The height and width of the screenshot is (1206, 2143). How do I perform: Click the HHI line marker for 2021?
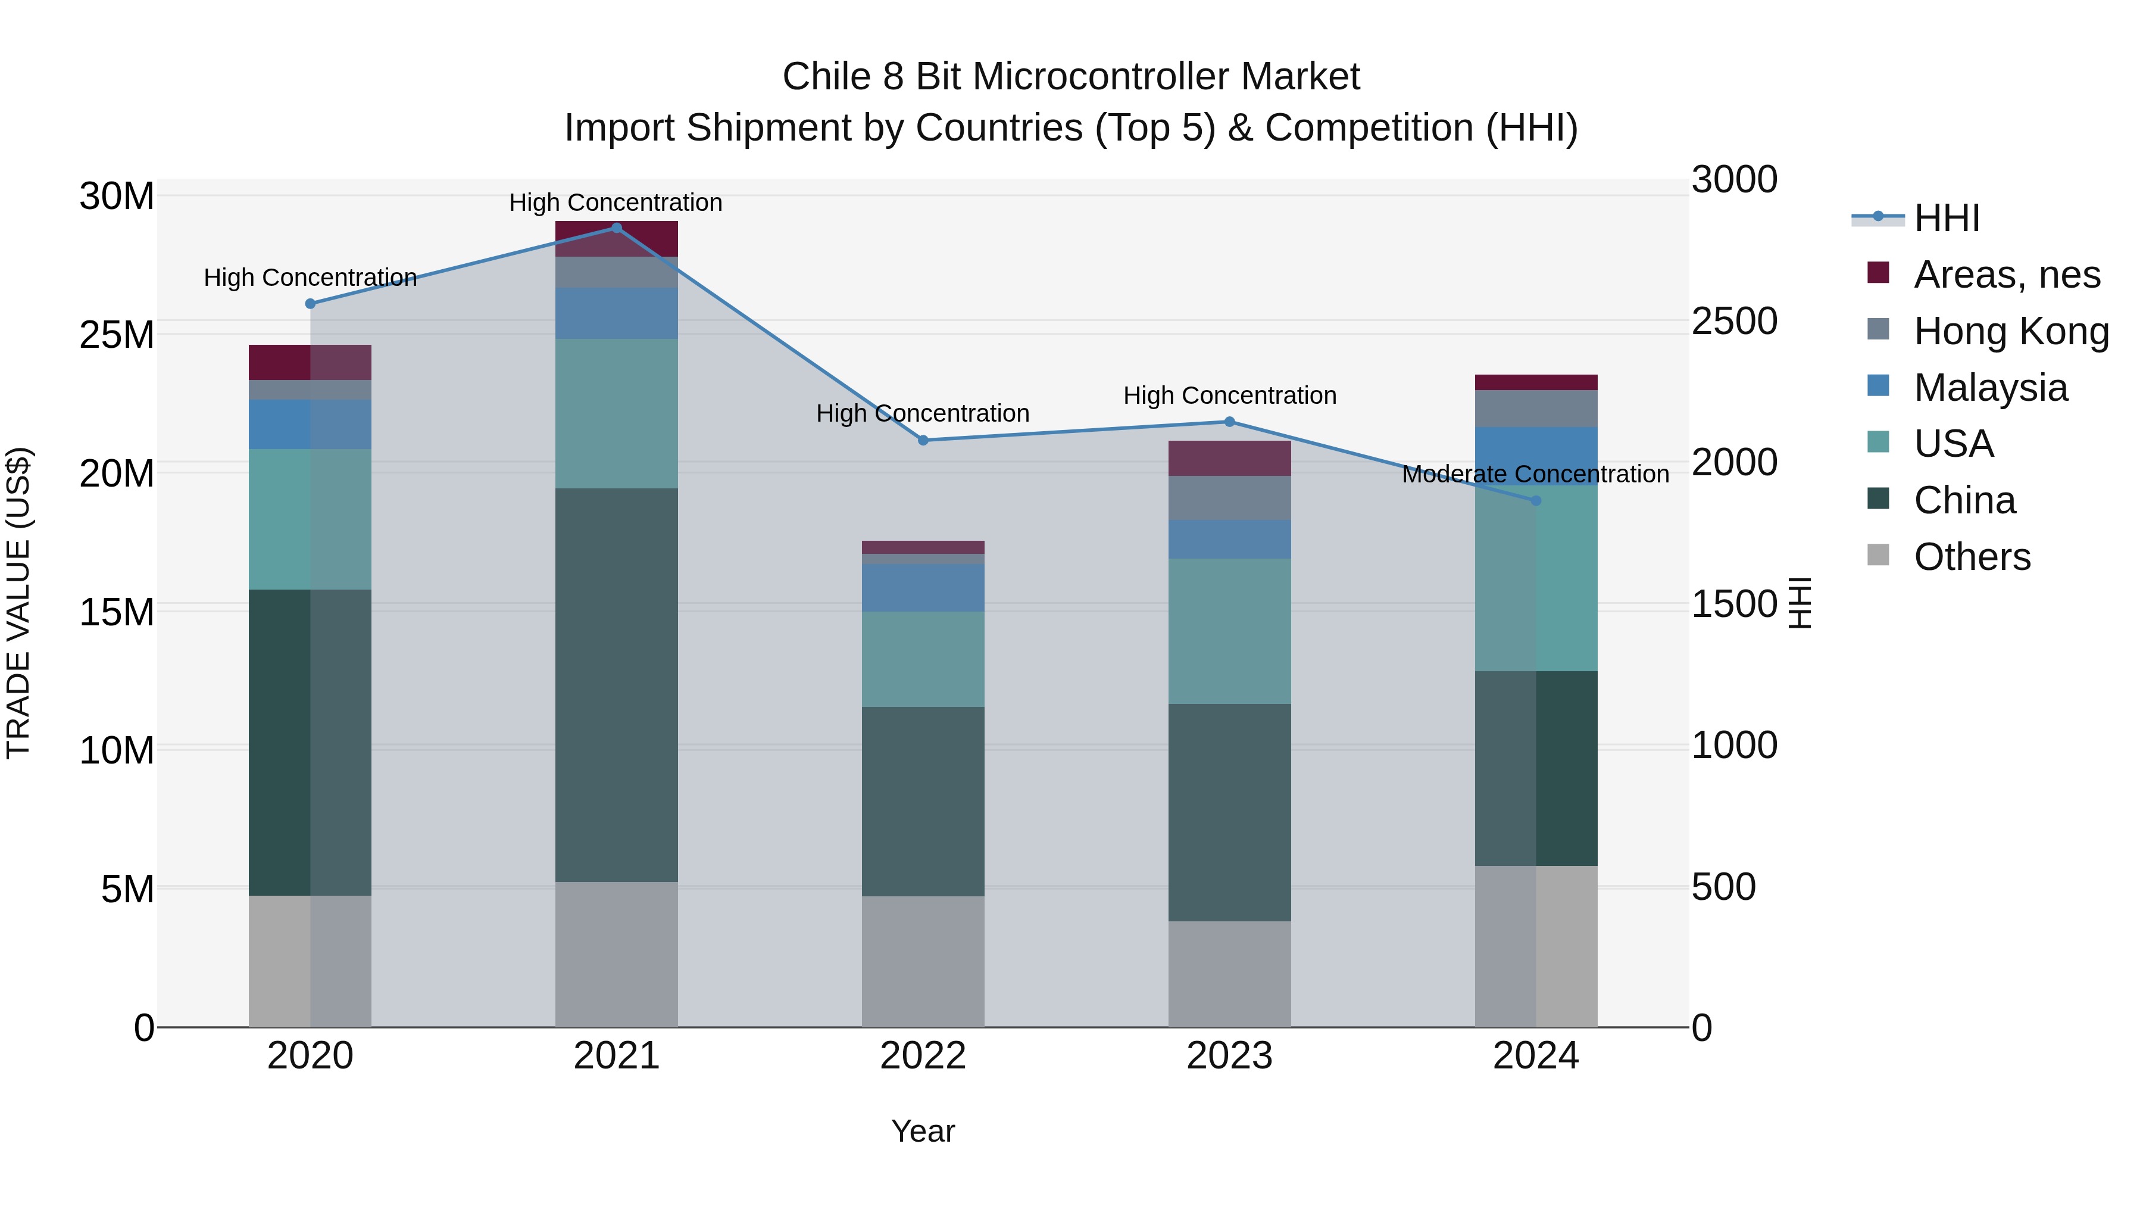point(617,228)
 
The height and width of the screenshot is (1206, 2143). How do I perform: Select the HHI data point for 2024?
point(1536,501)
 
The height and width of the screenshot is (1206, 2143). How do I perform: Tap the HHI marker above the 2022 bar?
point(923,440)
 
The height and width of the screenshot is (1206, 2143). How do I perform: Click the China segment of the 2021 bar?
point(617,684)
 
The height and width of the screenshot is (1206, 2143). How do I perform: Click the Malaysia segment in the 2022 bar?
point(923,588)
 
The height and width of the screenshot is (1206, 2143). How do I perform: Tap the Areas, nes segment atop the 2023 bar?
point(1230,459)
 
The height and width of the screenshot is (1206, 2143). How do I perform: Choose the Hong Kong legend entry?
point(2011,331)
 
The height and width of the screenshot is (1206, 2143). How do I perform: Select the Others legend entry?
point(1972,557)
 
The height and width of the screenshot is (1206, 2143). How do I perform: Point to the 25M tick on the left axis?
point(117,335)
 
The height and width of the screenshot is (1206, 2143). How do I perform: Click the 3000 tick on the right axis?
point(1735,180)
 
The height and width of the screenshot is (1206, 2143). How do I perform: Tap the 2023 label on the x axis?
point(1230,1056)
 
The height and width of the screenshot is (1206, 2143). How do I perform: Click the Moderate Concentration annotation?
point(1536,475)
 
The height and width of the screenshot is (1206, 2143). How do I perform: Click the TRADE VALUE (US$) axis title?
point(18,603)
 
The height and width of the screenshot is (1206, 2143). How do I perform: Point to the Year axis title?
point(923,1131)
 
